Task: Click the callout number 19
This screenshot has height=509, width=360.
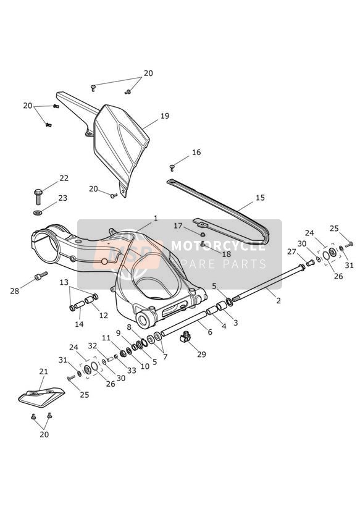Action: tap(165, 116)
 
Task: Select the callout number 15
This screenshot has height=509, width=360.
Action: tap(260, 198)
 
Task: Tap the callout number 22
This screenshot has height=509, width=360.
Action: tap(64, 178)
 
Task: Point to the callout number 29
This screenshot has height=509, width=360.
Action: tap(201, 354)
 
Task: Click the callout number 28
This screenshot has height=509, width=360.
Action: tap(15, 291)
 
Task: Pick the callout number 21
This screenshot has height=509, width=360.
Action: tap(43, 372)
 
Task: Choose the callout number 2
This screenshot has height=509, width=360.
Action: tap(278, 301)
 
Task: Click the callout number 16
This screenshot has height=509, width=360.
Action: tap(196, 152)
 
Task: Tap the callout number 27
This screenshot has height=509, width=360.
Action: tap(291, 251)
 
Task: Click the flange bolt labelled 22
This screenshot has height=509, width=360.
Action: tap(38, 196)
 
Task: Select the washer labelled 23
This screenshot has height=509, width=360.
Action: tap(38, 213)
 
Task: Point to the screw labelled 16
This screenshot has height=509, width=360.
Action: tap(172, 168)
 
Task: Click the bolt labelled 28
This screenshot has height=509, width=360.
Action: tap(41, 276)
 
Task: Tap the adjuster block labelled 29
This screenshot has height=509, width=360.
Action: tap(185, 336)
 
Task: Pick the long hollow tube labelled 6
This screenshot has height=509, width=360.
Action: tap(183, 324)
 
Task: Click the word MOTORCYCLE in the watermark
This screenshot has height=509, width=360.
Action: tap(218, 246)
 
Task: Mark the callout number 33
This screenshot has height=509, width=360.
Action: tap(132, 371)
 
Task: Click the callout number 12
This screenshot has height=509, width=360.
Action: tap(104, 315)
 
